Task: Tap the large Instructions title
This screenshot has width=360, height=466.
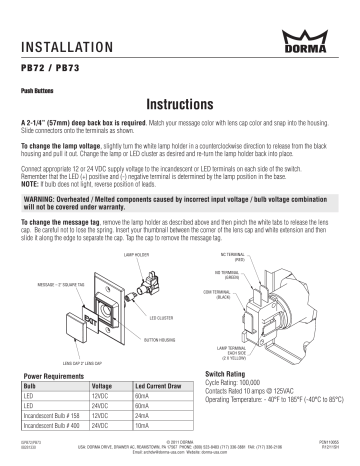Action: click(180, 104)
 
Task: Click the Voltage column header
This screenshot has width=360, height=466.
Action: click(103, 385)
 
